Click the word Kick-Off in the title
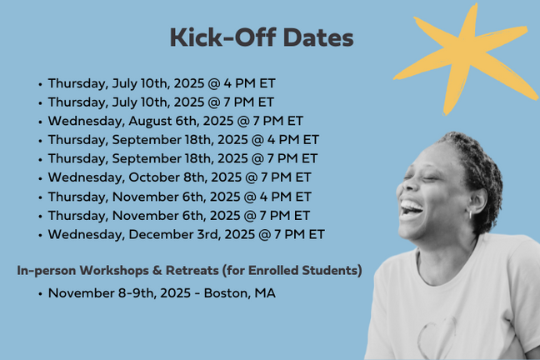[x=222, y=37]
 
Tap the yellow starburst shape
[x=465, y=58]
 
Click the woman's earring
[x=471, y=215]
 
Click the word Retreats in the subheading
[x=192, y=271]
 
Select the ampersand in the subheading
[x=157, y=271]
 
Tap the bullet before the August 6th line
[x=41, y=122]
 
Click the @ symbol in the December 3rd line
[x=264, y=235]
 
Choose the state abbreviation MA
[x=265, y=293]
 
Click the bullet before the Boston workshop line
[x=41, y=294]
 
